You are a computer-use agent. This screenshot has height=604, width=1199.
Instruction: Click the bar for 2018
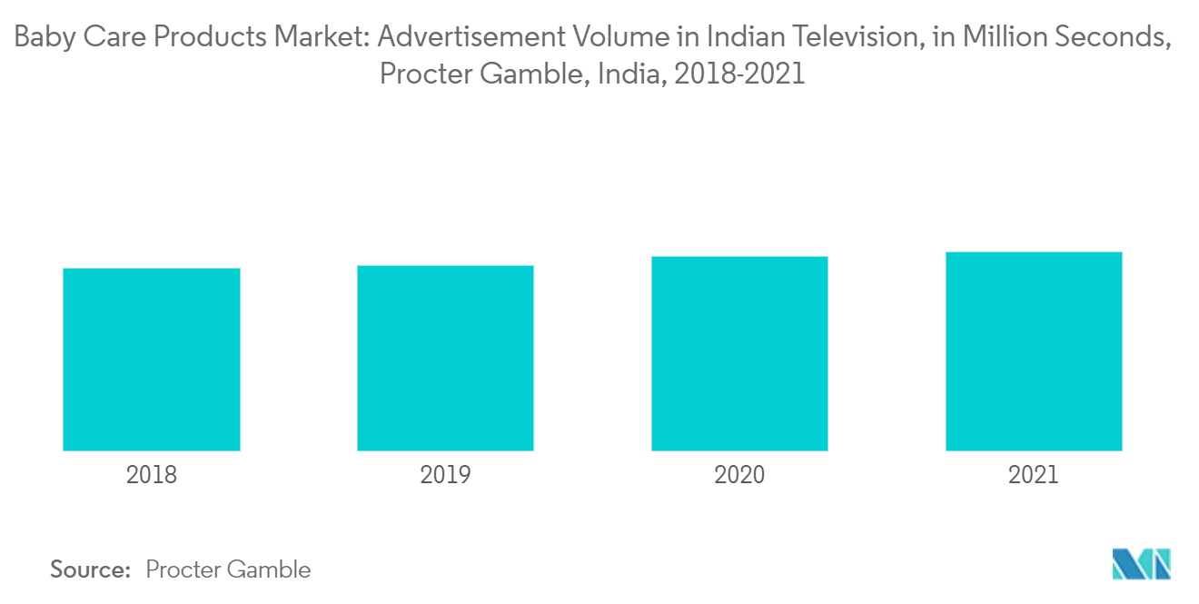point(151,360)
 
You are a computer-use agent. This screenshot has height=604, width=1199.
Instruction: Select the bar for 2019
point(445,358)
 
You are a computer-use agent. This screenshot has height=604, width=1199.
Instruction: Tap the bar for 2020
point(739,353)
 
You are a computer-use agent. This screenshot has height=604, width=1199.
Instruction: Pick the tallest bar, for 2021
point(1034,352)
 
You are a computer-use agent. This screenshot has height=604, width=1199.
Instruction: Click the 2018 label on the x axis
point(151,475)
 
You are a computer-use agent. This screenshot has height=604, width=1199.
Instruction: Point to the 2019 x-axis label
point(445,475)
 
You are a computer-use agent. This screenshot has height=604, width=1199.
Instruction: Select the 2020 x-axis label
point(739,475)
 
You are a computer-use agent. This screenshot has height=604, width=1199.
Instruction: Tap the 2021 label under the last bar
point(1034,475)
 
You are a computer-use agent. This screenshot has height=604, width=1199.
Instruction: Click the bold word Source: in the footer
point(91,569)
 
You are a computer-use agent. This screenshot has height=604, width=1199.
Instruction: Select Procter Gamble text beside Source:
point(228,569)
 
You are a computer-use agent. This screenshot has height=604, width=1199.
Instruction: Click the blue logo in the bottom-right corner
point(1141,564)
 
